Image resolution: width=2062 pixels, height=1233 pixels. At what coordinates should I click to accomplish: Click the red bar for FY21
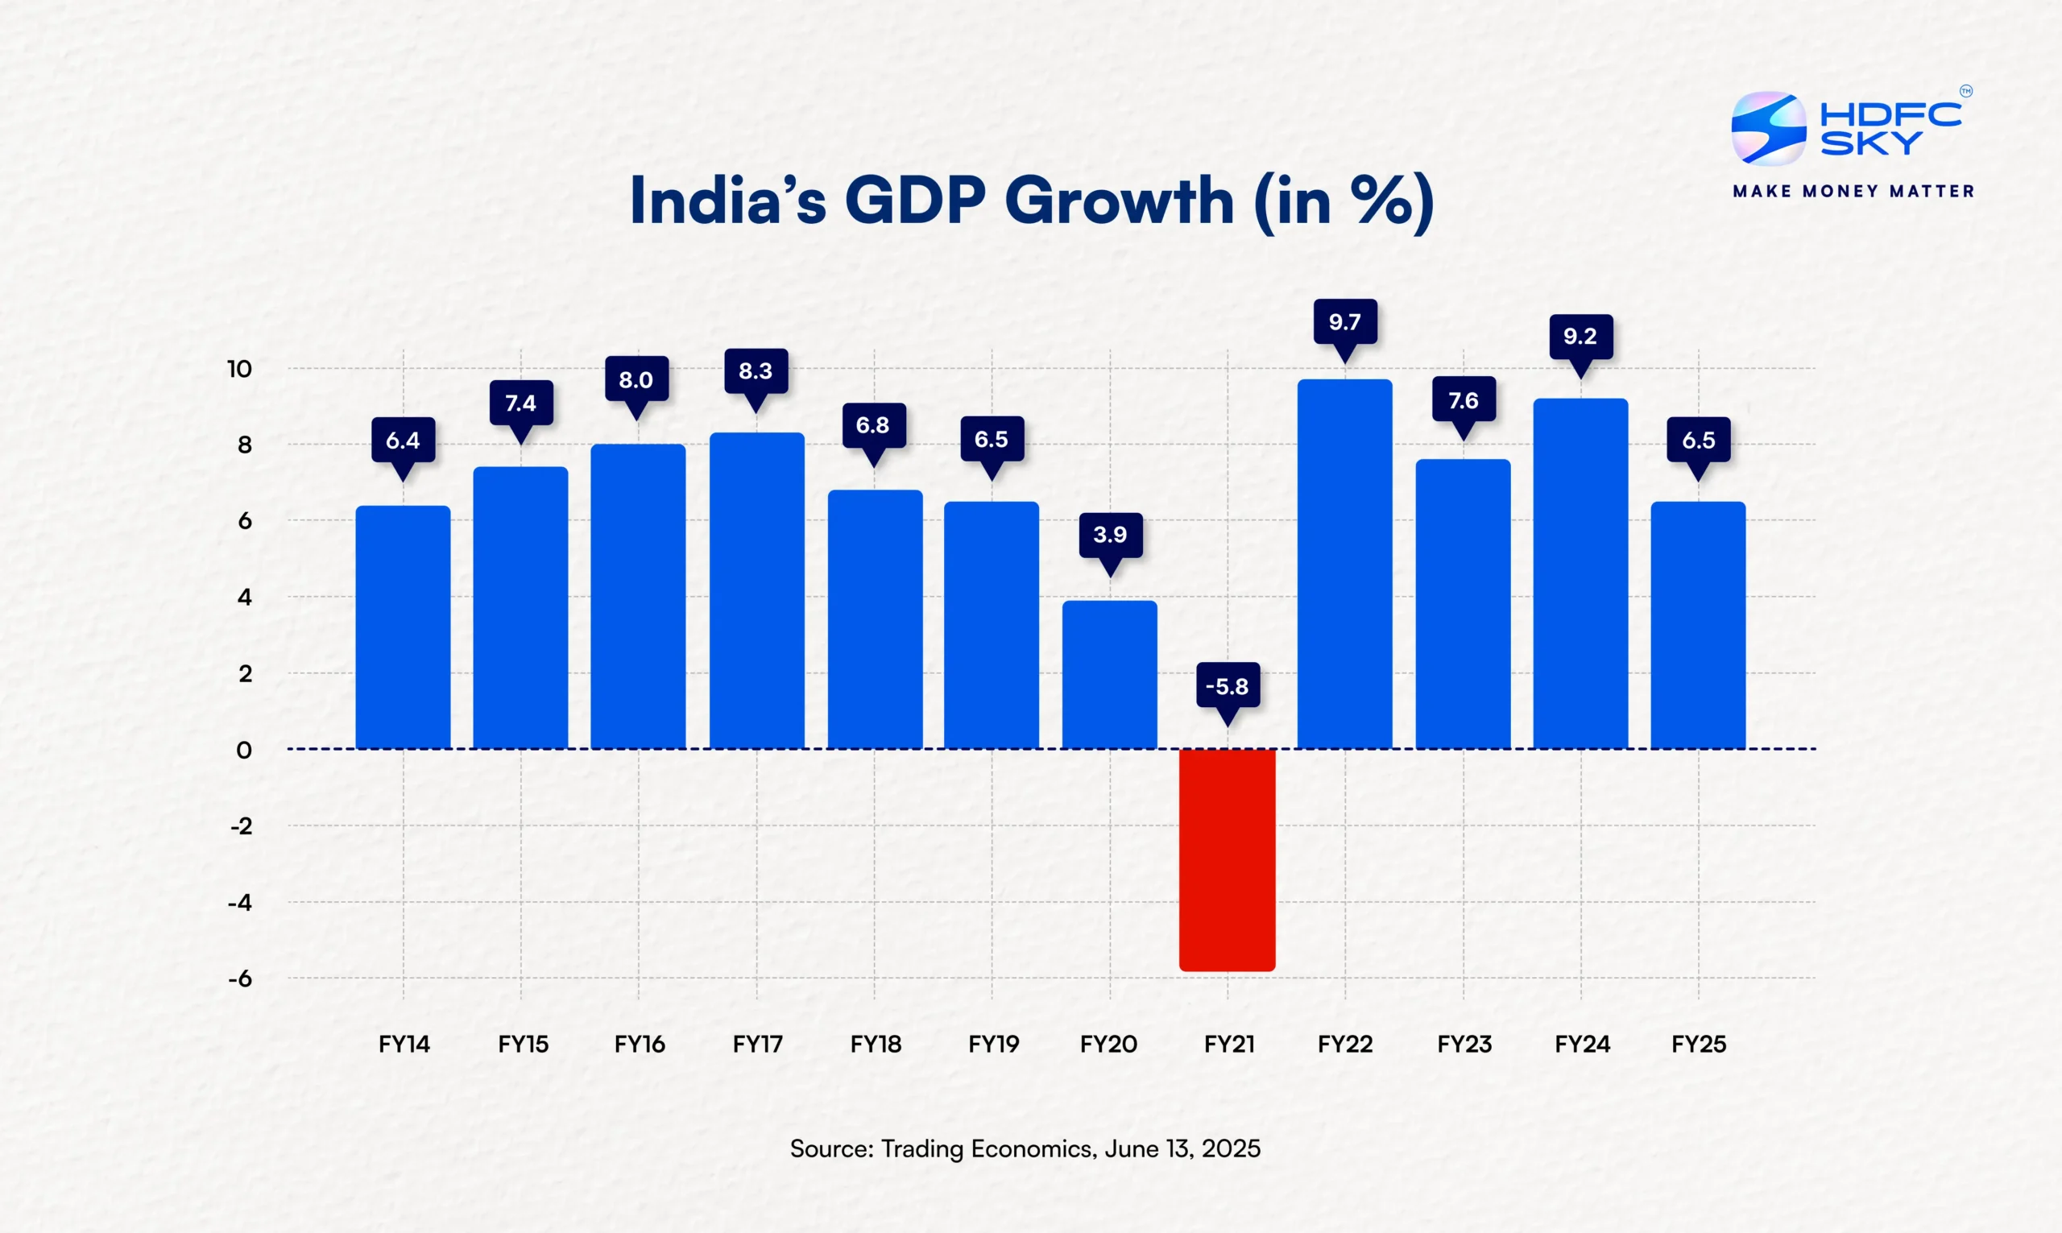[x=1227, y=860]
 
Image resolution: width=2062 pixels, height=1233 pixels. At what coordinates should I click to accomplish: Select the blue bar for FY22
[x=1344, y=565]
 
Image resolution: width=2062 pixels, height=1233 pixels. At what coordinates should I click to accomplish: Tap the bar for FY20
[x=1109, y=675]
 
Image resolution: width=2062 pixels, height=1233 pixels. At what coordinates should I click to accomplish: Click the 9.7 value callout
[x=1344, y=321]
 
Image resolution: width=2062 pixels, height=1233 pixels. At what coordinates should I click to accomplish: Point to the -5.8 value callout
[x=1227, y=686]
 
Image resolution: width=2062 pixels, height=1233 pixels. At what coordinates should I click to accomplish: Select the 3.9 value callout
[x=1110, y=534]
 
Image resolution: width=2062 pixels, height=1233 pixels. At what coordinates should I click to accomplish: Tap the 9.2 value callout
[x=1580, y=337]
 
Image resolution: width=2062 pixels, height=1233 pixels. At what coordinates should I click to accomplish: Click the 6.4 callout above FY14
[x=403, y=441]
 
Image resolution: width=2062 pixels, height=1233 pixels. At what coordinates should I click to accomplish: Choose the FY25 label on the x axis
[x=1698, y=1044]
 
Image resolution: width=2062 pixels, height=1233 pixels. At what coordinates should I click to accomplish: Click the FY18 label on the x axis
[x=875, y=1044]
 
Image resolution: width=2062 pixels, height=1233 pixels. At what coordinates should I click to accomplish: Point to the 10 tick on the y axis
[x=239, y=369]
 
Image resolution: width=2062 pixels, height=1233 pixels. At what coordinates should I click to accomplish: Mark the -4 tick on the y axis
[x=239, y=902]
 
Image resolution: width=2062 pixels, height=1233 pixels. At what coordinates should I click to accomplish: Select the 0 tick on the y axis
[x=243, y=751]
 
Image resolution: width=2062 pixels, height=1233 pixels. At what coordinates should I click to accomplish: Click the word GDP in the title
[x=915, y=202]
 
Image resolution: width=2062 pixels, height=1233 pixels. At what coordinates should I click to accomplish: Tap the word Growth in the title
[x=1119, y=202]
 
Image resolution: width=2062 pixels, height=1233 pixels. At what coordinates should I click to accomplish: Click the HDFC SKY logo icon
[x=1768, y=129]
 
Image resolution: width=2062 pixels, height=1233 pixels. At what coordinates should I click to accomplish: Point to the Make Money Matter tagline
[x=1853, y=192]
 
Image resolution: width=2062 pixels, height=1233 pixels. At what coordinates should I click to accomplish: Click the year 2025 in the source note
[x=1231, y=1148]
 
